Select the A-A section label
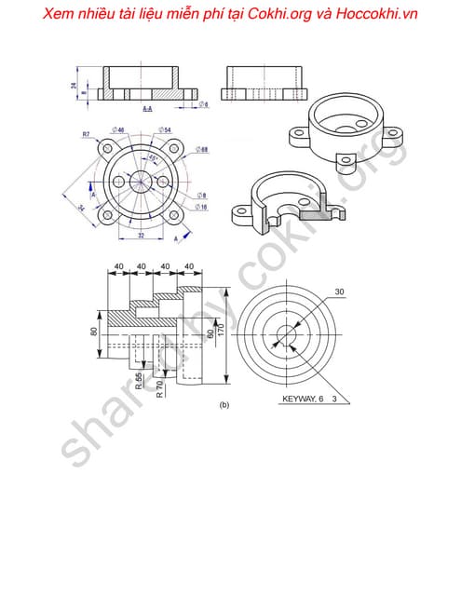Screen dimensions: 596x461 pyautogui.click(x=148, y=109)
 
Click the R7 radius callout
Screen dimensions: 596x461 pyautogui.click(x=86, y=134)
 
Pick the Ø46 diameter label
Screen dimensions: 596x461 pyautogui.click(x=118, y=129)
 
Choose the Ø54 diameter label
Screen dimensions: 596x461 pyautogui.click(x=164, y=129)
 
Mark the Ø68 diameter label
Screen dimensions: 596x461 pyautogui.click(x=202, y=149)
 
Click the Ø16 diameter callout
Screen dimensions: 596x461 pyautogui.click(x=201, y=208)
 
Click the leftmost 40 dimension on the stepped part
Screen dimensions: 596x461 pyautogui.click(x=119, y=267)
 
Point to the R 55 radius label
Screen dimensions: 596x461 pyautogui.click(x=139, y=381)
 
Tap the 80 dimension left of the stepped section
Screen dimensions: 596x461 pyautogui.click(x=94, y=332)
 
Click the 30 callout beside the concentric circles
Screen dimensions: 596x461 pyautogui.click(x=339, y=291)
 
